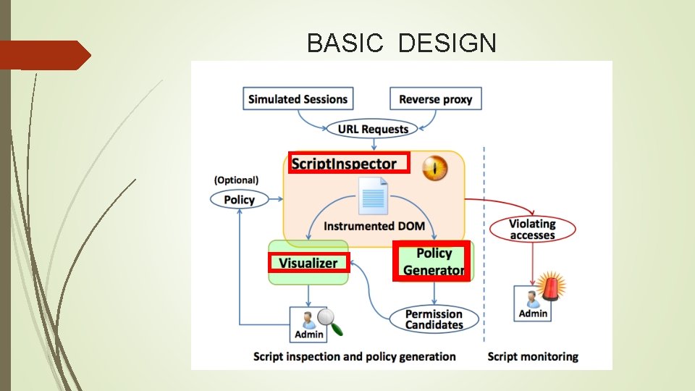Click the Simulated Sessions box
(298, 99)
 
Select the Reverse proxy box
(435, 99)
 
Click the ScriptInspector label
(344, 164)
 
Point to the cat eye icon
(435, 168)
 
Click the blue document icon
(374, 196)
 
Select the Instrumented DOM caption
(374, 226)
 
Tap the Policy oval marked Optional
(239, 200)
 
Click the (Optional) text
(236, 180)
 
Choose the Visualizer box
(308, 263)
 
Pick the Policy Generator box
(433, 261)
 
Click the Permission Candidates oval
(434, 319)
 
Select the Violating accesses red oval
(532, 230)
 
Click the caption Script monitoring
(533, 356)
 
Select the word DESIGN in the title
(447, 43)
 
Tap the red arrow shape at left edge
(43, 55)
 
